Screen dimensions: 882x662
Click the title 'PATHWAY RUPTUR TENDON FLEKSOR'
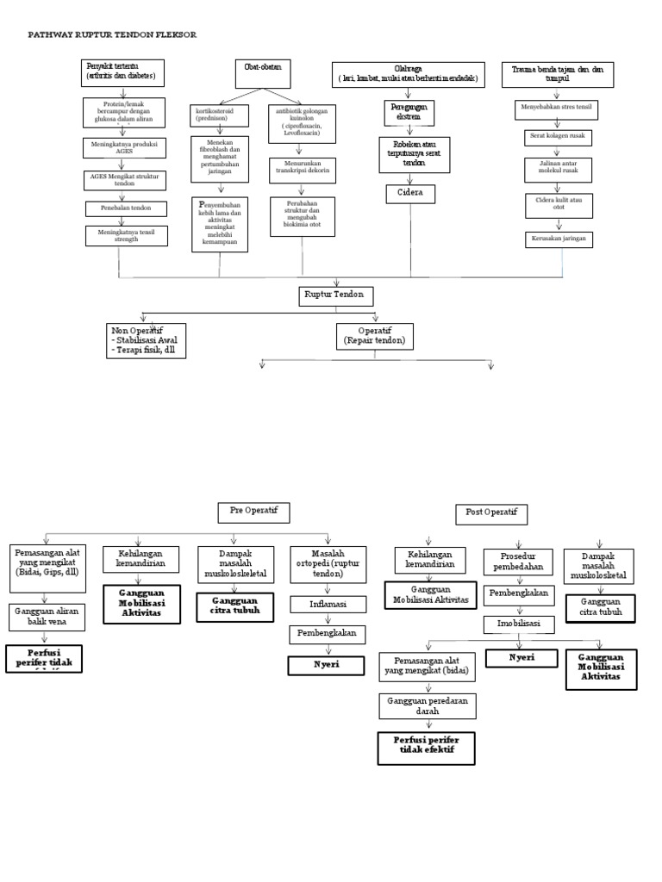[x=112, y=34]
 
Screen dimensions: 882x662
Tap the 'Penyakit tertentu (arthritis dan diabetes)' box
[x=123, y=73]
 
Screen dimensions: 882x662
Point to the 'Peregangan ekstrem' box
[x=409, y=112]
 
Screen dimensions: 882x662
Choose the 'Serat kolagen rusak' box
[x=559, y=137]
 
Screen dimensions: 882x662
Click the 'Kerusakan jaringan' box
[x=559, y=239]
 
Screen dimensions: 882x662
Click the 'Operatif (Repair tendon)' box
[x=375, y=336]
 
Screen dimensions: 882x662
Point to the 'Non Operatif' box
[x=146, y=340]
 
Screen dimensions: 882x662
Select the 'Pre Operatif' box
[x=253, y=512]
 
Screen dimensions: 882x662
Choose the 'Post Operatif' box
[x=490, y=514]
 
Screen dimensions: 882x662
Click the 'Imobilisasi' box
[x=518, y=622]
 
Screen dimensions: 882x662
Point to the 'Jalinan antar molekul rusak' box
[x=559, y=168]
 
